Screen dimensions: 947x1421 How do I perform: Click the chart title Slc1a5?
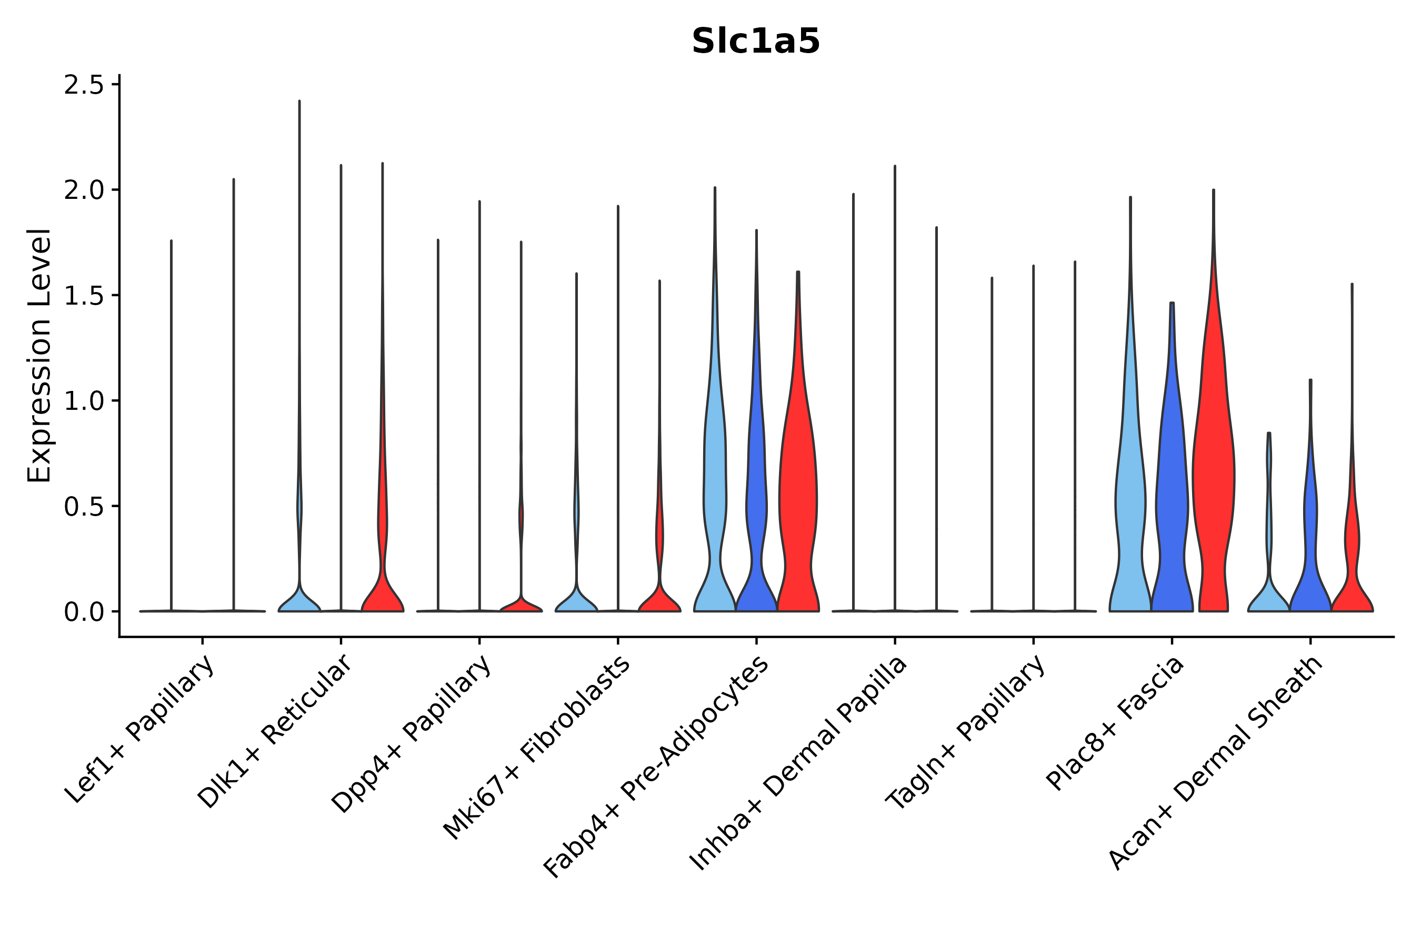click(x=756, y=42)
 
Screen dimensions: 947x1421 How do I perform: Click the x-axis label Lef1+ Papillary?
click(x=140, y=730)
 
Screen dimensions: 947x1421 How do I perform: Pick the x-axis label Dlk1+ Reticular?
click(x=275, y=732)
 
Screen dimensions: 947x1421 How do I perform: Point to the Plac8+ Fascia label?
click(x=1115, y=723)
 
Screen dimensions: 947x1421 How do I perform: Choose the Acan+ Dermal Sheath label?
click(x=1216, y=764)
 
